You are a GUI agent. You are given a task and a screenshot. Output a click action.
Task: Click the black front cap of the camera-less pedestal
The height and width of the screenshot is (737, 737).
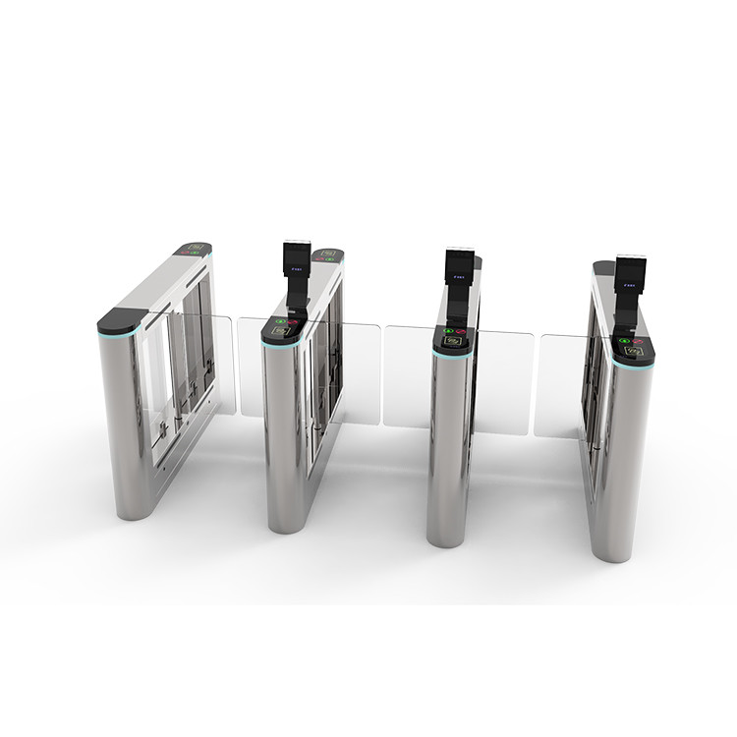(x=121, y=318)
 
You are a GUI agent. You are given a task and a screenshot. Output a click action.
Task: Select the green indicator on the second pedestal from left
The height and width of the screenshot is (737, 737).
(x=280, y=321)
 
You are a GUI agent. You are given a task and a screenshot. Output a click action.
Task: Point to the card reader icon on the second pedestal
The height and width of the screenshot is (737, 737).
(x=282, y=332)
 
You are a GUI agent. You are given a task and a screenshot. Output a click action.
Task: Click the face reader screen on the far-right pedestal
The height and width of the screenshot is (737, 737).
(x=630, y=274)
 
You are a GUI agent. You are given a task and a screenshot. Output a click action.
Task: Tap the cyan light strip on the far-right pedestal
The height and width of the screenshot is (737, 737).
(x=633, y=367)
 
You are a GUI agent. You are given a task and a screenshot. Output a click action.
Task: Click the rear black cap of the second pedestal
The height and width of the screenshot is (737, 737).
(x=327, y=255)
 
